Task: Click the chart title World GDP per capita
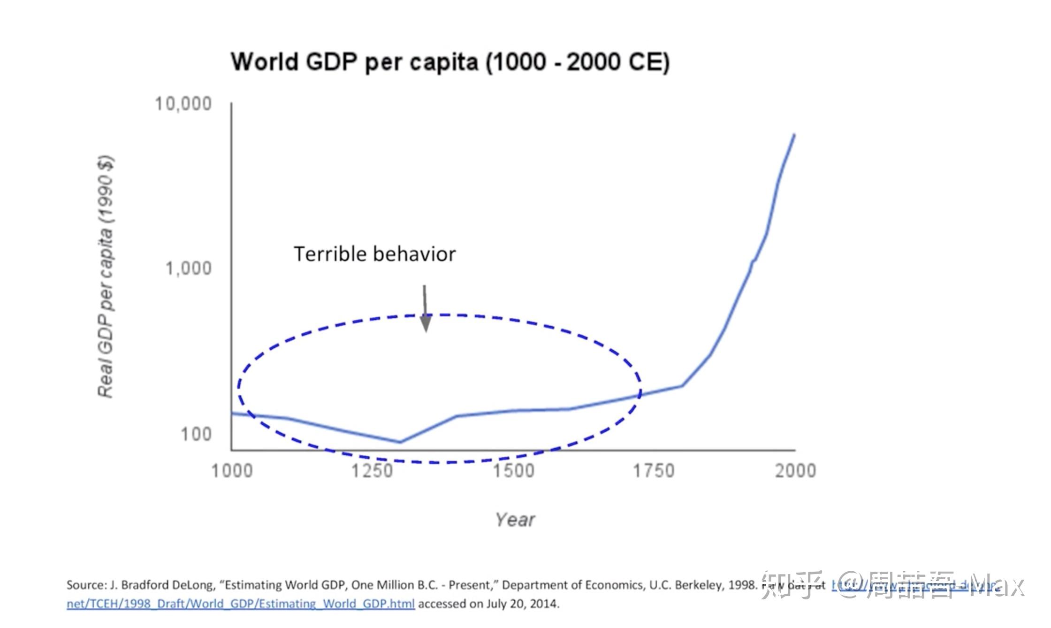click(450, 62)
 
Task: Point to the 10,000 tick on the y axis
click(183, 104)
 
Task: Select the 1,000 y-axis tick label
click(189, 268)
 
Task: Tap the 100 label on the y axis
click(197, 434)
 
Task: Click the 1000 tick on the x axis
click(232, 471)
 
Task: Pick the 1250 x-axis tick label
click(373, 471)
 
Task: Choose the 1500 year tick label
click(514, 471)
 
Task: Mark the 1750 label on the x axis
click(654, 471)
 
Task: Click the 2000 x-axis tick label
click(795, 471)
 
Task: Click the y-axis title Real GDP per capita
click(105, 277)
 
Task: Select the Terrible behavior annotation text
click(374, 254)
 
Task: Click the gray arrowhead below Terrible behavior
click(426, 323)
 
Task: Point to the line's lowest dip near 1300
click(400, 442)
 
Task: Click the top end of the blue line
click(794, 135)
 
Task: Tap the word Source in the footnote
click(86, 585)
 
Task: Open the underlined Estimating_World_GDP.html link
click(240, 604)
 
